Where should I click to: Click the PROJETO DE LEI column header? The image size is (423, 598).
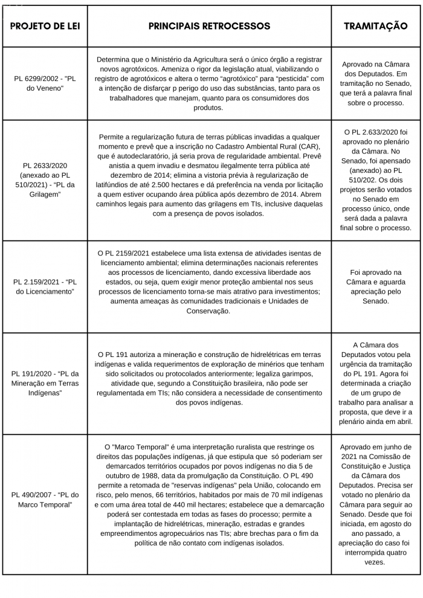pos(45,26)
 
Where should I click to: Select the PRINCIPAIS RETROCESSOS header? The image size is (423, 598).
pos(209,26)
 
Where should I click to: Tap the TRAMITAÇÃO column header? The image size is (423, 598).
pos(375,26)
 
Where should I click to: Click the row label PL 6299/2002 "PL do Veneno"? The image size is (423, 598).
pos(45,83)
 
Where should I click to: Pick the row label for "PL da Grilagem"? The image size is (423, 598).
pos(45,179)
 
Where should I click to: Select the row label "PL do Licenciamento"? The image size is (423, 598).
pos(45,286)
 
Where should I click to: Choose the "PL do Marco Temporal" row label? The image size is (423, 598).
pos(45,500)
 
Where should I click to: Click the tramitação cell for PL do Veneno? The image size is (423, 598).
pos(375,83)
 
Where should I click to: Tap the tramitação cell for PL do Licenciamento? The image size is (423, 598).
pos(375,286)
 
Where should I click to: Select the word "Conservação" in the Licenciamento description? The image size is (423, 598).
pos(209,310)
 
